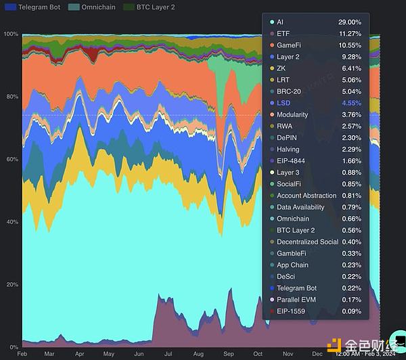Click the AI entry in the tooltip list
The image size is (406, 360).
point(280,22)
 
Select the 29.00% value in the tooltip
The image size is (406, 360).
point(350,22)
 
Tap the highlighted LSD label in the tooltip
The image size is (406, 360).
point(283,103)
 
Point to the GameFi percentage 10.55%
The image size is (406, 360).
point(350,45)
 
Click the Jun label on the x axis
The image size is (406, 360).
point(139,353)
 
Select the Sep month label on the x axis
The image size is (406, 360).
point(229,353)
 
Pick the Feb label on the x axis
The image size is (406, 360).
point(22,353)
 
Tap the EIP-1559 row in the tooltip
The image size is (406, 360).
point(293,311)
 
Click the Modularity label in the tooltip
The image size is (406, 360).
point(292,114)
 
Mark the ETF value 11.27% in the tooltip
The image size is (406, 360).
point(350,34)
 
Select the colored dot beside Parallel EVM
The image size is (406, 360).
point(271,299)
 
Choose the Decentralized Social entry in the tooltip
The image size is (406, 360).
point(307,242)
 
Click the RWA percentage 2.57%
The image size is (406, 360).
point(351,126)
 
